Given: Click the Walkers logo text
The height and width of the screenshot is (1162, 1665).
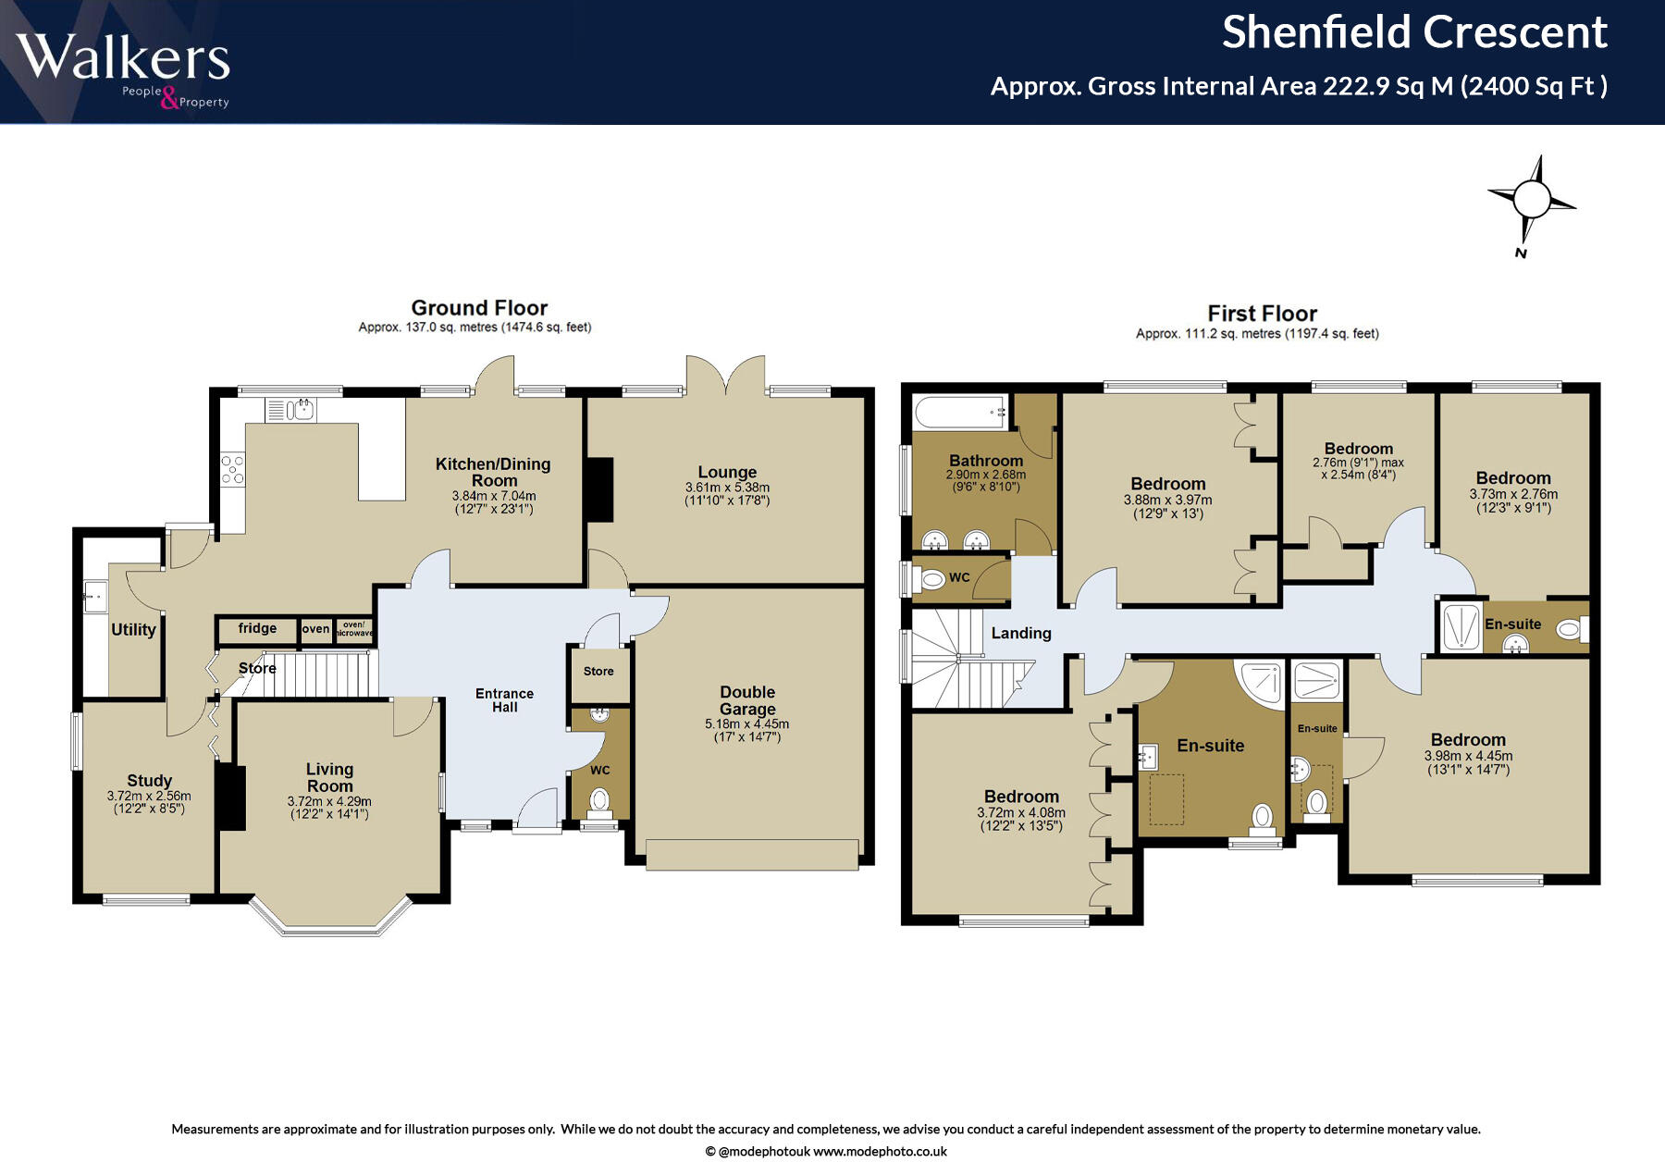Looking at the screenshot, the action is (x=122, y=57).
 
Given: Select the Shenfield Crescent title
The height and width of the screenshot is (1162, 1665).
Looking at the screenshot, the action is (x=1414, y=32).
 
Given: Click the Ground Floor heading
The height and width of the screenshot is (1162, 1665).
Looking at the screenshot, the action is (x=479, y=307).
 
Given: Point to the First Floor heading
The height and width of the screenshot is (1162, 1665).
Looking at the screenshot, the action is (x=1262, y=314).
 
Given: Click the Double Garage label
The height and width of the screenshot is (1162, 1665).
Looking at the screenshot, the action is (x=747, y=700).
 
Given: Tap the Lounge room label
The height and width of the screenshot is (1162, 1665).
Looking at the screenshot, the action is (x=727, y=472).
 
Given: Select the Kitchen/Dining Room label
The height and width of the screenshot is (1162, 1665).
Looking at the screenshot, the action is (x=493, y=472).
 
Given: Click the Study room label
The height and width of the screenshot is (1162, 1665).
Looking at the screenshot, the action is (x=149, y=781).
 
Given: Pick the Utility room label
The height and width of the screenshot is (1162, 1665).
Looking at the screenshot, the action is (x=133, y=629).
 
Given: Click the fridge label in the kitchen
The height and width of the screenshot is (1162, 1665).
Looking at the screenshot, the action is (x=257, y=628).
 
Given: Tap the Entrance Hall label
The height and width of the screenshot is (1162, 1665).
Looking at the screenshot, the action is (x=504, y=699).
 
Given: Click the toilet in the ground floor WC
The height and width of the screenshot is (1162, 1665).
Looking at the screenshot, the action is (x=599, y=801).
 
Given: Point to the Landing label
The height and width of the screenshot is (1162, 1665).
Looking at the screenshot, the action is (x=1021, y=633).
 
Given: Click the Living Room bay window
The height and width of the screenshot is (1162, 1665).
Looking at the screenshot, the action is (x=330, y=918).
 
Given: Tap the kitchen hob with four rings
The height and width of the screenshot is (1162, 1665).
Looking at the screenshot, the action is (x=232, y=470).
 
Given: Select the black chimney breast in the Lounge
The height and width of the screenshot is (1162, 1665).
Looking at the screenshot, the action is (x=600, y=489).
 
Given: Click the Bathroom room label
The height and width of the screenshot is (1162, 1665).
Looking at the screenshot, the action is (x=986, y=461).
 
